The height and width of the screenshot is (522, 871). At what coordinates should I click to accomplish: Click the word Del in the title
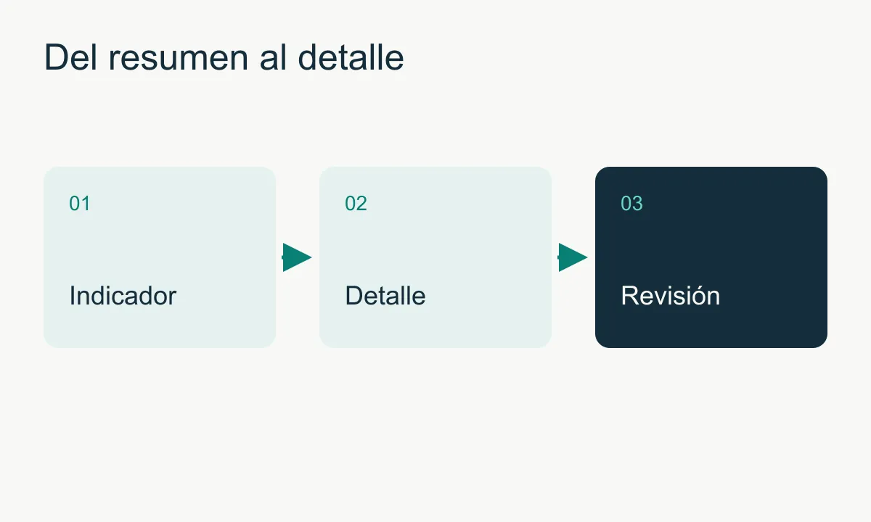(70, 57)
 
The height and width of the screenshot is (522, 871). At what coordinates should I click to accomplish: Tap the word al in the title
(273, 57)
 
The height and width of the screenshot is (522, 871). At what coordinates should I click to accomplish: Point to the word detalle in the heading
(351, 57)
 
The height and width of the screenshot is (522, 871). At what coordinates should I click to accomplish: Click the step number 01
(80, 203)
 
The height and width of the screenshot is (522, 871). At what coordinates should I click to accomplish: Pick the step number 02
(356, 203)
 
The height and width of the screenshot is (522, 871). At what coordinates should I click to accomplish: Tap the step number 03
(631, 203)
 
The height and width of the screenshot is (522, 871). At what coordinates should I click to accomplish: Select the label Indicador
(123, 296)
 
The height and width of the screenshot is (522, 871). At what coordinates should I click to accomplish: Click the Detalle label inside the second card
(385, 296)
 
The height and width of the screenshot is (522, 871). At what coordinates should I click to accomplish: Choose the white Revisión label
(671, 296)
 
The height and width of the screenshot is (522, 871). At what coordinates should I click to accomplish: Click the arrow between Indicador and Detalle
(297, 257)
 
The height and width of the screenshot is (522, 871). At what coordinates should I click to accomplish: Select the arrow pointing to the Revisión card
(573, 257)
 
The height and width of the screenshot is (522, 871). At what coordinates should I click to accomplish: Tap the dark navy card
(711, 257)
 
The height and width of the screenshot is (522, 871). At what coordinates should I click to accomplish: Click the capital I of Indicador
(73, 296)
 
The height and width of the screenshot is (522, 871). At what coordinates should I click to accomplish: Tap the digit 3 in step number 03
(637, 203)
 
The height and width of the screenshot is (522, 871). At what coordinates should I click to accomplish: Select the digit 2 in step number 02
(361, 203)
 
